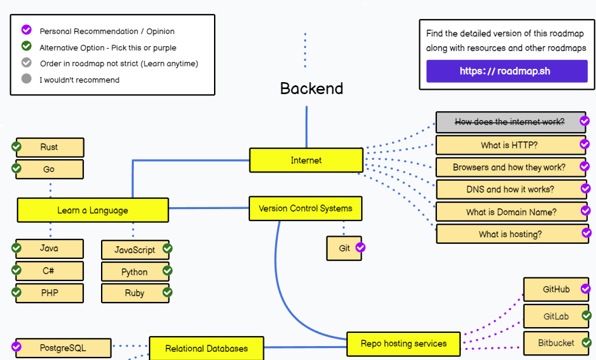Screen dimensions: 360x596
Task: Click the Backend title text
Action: click(312, 88)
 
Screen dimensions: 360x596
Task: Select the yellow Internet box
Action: click(306, 160)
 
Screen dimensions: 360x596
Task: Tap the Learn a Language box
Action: click(93, 210)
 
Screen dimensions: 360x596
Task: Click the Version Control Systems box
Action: click(306, 208)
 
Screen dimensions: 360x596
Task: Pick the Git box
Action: click(344, 248)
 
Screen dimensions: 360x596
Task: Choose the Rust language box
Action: click(50, 147)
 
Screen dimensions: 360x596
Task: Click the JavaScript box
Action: click(134, 250)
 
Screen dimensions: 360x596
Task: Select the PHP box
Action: click(50, 293)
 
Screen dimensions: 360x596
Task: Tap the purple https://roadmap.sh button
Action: click(506, 71)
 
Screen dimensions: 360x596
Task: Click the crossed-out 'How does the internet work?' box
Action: click(510, 122)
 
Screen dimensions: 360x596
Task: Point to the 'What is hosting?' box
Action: click(510, 234)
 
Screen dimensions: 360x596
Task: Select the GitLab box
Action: click(556, 316)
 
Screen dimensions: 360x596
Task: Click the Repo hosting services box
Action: click(403, 344)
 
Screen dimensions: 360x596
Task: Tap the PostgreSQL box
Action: click(63, 348)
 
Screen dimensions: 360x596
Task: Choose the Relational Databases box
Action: click(206, 349)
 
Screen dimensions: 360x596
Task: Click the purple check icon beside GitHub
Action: click(586, 289)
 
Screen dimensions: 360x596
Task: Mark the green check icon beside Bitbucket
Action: click(586, 343)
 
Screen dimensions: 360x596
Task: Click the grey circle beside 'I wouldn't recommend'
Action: click(27, 79)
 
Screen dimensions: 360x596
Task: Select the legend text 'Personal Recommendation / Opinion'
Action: click(107, 31)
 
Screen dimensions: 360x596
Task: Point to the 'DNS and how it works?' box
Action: click(510, 189)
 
